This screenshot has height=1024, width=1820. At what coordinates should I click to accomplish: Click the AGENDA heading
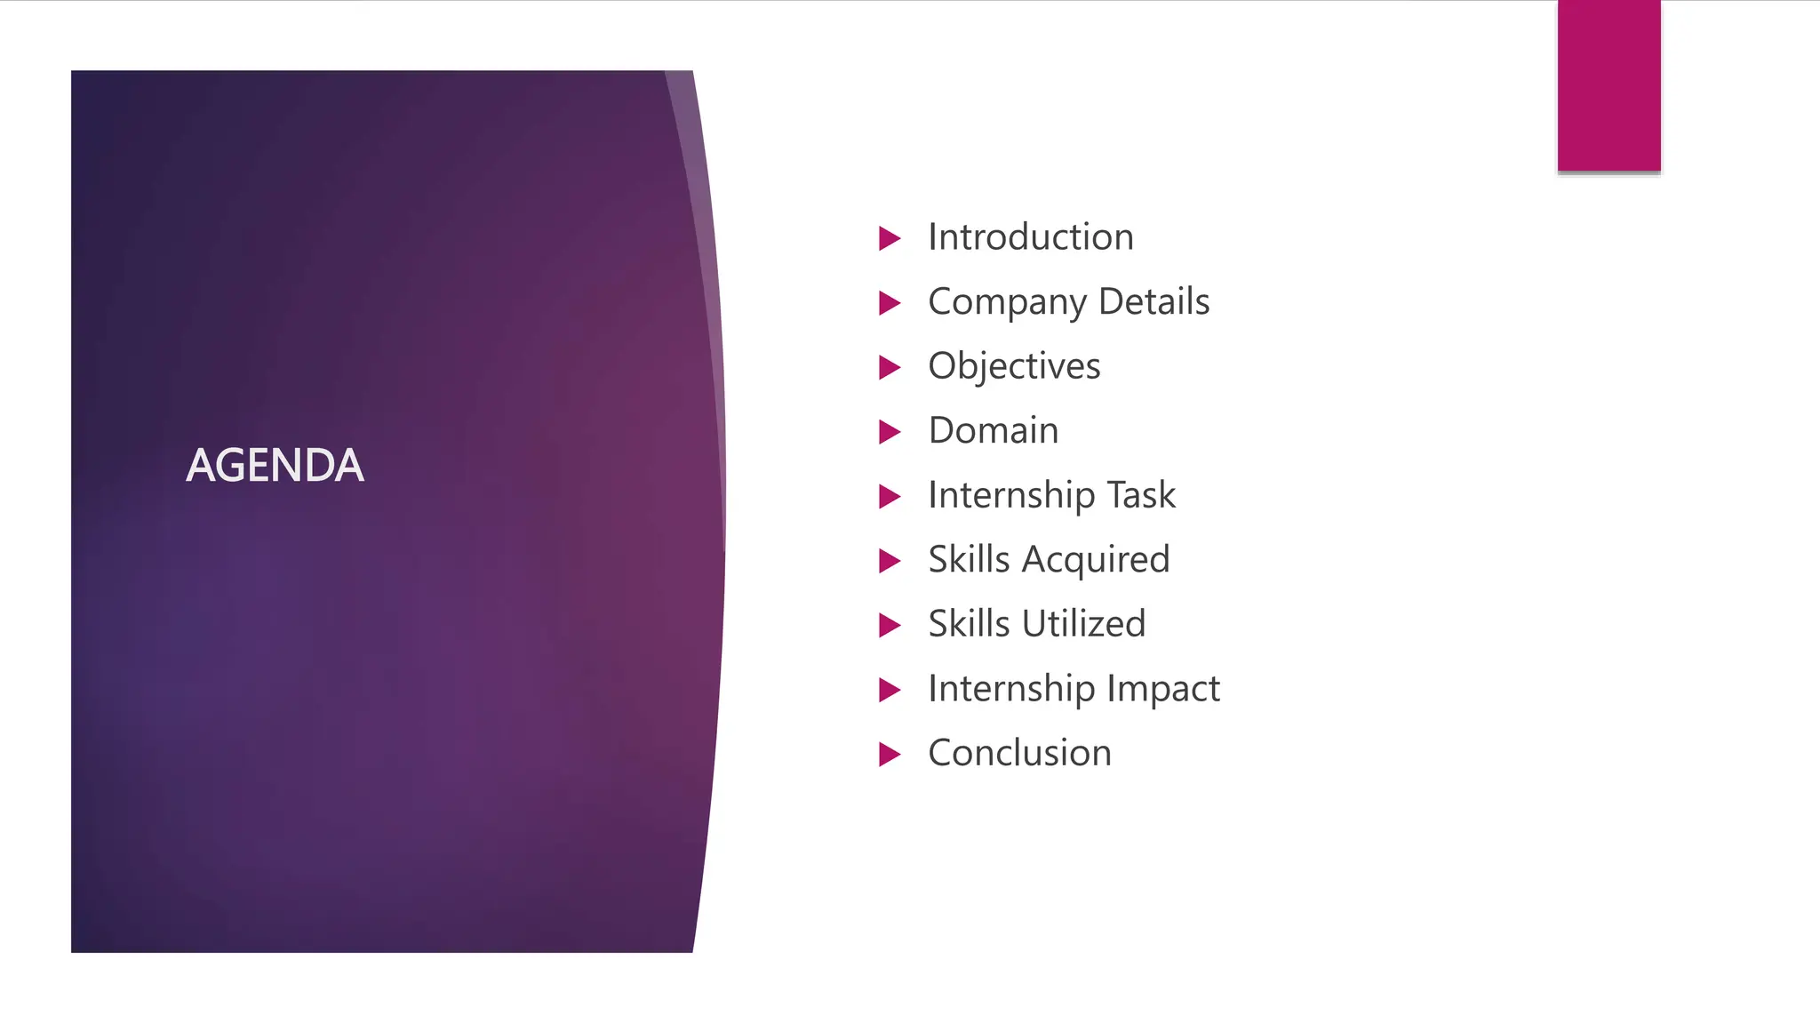275,466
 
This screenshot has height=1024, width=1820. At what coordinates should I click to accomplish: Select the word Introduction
1030,237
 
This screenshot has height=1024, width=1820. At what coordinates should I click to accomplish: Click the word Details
1153,302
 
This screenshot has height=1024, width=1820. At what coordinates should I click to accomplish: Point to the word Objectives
1014,367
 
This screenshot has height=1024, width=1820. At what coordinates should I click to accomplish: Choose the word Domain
993,431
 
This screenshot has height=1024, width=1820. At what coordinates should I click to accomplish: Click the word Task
1140,495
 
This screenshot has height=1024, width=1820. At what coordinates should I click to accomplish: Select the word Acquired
1095,561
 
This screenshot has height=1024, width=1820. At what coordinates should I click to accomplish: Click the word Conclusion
1019,754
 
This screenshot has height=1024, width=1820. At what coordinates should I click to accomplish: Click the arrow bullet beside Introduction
889,238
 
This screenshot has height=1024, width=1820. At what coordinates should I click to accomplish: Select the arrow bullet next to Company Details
889,303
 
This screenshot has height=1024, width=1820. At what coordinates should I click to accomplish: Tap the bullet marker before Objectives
889,367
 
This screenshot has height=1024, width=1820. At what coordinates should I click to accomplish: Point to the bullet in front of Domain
889,432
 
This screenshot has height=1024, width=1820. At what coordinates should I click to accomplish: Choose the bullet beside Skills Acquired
889,561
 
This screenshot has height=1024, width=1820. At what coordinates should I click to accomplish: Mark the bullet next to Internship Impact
889,690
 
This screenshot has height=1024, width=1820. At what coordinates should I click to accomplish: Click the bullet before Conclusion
889,755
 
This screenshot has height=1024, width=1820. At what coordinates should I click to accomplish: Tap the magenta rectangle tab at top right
1608,85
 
